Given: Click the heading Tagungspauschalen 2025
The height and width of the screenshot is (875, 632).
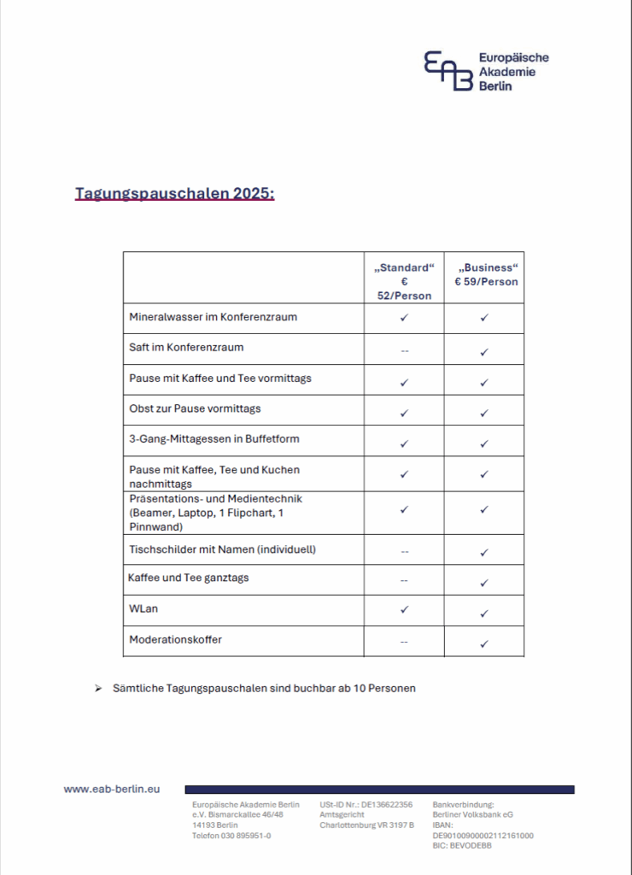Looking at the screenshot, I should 174,193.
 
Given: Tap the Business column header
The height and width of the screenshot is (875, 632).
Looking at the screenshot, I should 484,274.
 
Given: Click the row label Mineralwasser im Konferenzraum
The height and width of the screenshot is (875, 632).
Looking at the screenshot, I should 213,317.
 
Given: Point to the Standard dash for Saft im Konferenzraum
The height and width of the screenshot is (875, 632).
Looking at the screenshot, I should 404,349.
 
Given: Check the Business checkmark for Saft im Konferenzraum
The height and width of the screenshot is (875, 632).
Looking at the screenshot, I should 484,351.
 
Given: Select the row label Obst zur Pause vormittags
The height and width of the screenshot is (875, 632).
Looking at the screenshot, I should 196,408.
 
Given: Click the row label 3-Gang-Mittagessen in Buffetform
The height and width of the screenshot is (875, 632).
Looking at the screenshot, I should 214,439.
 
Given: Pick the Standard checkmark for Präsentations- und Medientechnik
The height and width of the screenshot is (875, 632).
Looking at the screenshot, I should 404,509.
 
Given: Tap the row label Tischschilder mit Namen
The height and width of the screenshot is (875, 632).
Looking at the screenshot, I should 222,549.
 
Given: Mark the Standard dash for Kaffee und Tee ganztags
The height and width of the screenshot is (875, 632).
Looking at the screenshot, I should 404,581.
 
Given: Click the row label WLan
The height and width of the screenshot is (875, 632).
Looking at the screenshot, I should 143,609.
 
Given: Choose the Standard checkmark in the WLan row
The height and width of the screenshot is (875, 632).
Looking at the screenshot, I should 404,609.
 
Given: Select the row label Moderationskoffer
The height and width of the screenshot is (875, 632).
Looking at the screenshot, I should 175,639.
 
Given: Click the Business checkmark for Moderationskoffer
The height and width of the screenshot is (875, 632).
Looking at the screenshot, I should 484,643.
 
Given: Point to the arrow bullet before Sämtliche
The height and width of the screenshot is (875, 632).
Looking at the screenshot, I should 98,688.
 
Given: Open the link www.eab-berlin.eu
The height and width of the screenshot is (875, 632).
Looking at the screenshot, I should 112,790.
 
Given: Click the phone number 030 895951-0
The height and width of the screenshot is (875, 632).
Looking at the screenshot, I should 245,836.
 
